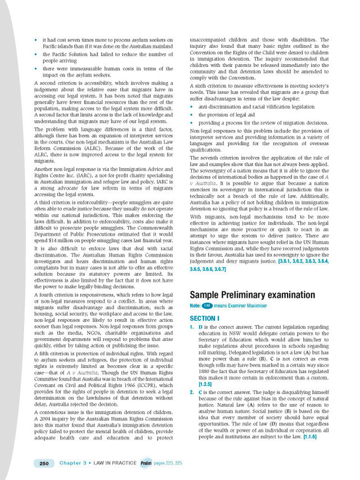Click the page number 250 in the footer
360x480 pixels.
coord(43,463)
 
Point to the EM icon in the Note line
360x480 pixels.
coord(208,305)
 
